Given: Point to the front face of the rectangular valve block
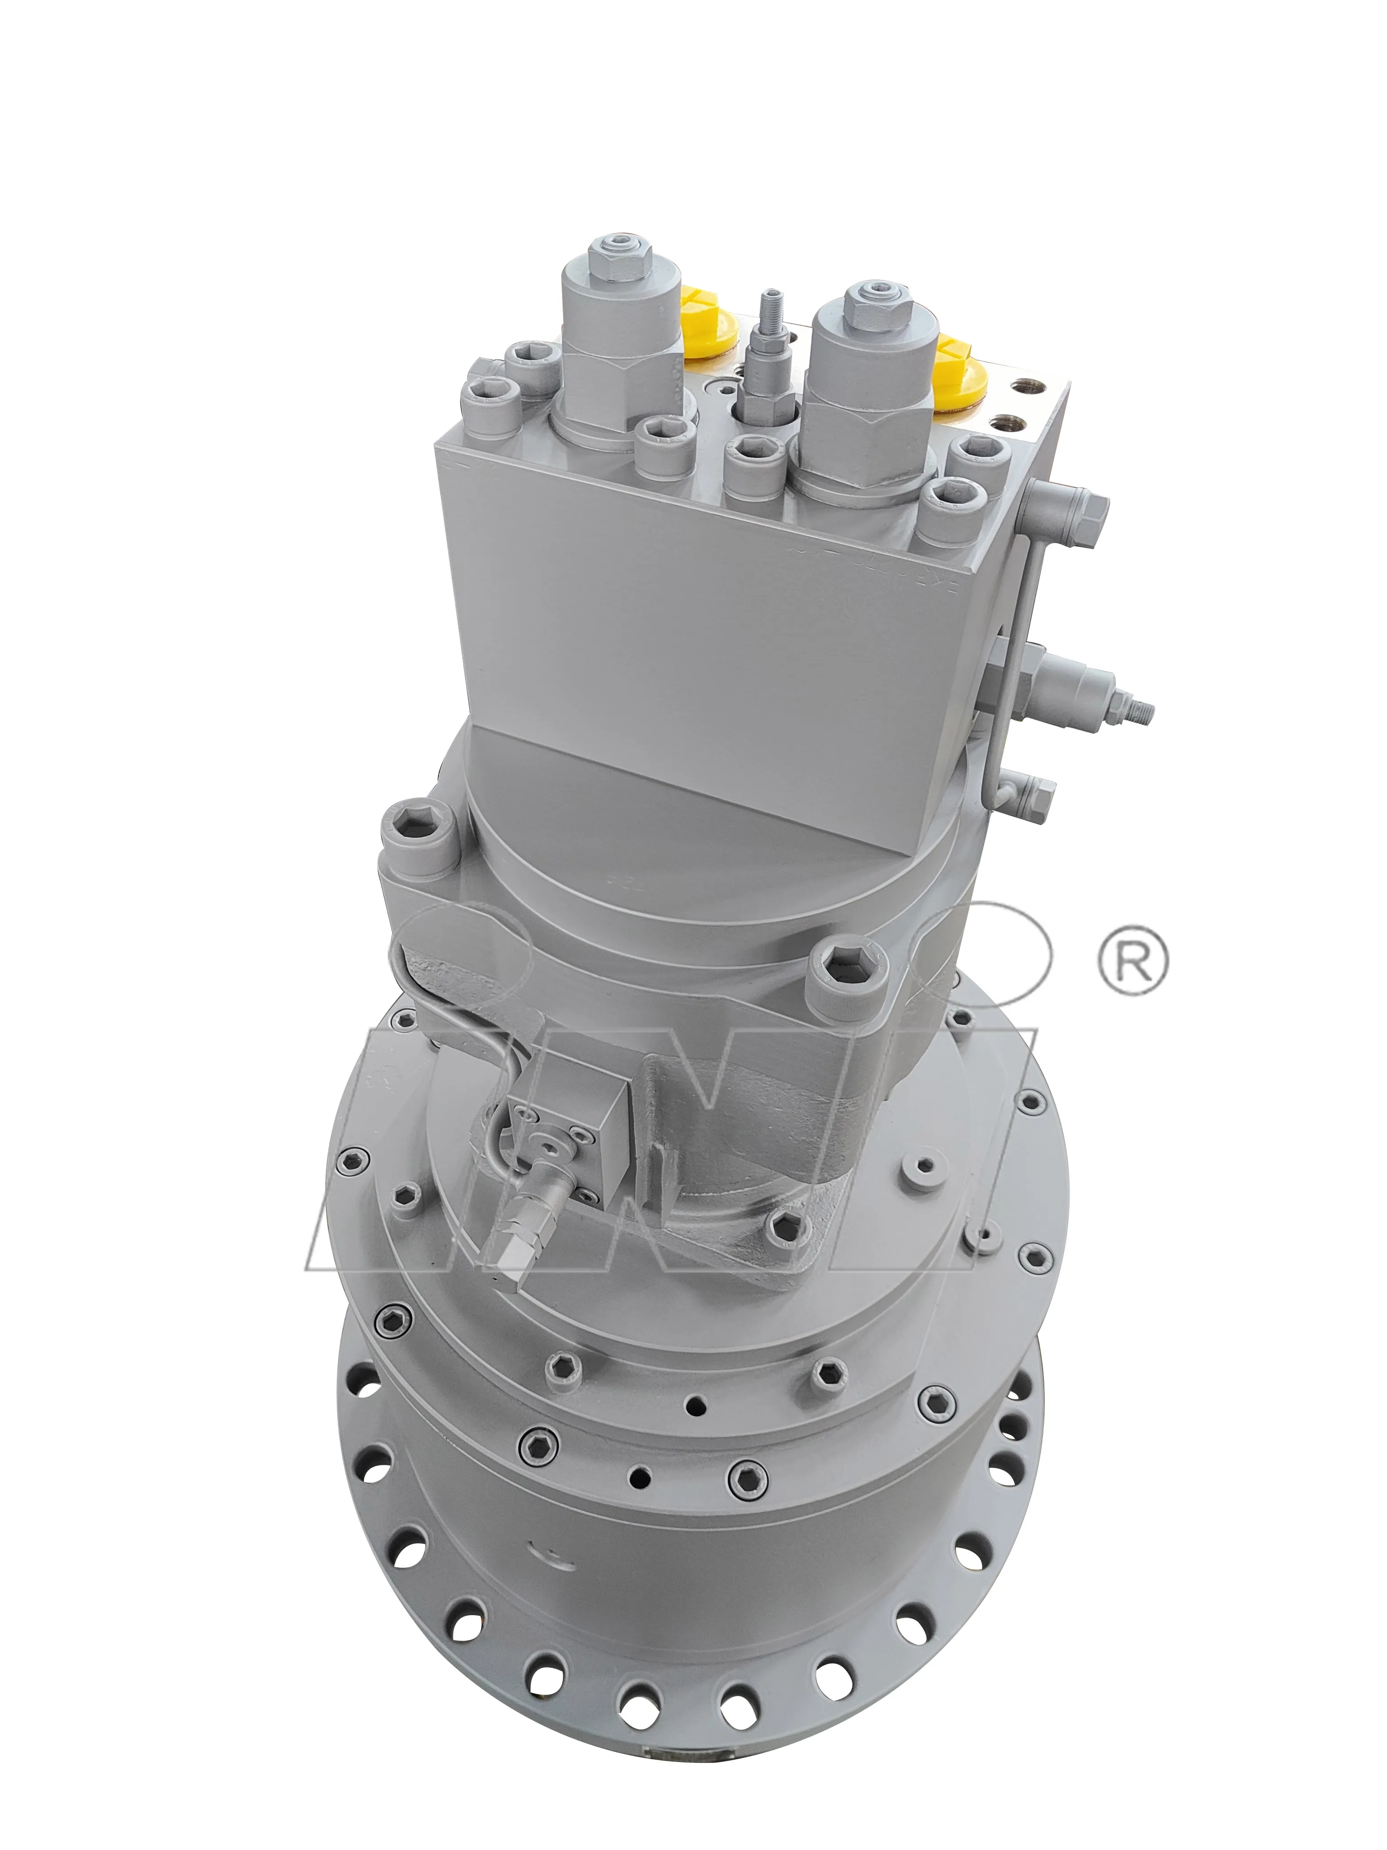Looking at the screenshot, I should click(x=711, y=627).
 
